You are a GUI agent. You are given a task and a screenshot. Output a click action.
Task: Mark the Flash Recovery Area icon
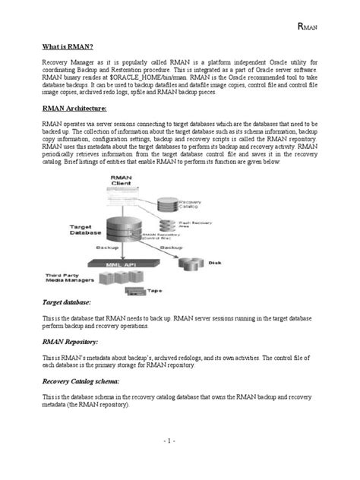(167, 225)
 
